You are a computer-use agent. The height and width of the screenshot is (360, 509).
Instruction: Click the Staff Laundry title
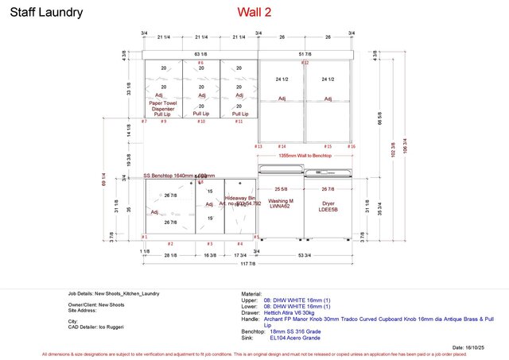(46, 13)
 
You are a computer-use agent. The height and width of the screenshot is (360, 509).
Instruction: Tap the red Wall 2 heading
(256, 12)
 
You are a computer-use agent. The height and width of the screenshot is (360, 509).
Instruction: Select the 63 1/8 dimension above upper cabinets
(200, 55)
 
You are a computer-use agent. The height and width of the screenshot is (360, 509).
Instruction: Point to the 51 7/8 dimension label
(305, 55)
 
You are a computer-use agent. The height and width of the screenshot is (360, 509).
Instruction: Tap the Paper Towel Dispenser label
(163, 108)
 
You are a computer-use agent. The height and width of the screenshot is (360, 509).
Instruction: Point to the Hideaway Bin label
(240, 200)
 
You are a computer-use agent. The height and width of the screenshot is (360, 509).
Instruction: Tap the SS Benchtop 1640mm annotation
(179, 176)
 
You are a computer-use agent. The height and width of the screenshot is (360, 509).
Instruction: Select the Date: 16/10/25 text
(469, 348)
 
